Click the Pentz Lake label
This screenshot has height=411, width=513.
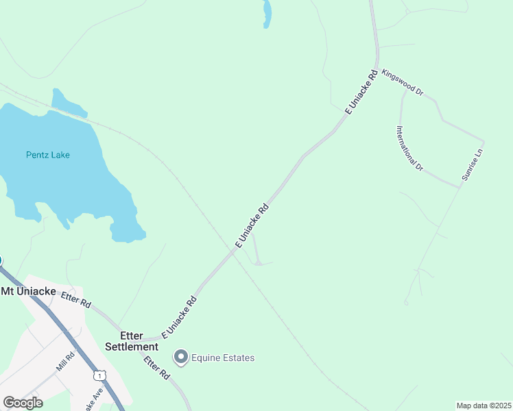point(48,155)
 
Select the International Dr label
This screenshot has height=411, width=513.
point(409,148)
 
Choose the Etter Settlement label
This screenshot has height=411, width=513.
point(132,341)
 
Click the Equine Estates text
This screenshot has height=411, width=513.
point(223,358)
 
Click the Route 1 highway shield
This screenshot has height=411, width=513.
point(101,375)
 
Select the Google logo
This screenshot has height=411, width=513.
point(23,402)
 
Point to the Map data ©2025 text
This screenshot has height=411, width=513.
point(484,406)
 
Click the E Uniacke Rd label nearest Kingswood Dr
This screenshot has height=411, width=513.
point(361,91)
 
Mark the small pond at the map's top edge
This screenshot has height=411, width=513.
point(267,13)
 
